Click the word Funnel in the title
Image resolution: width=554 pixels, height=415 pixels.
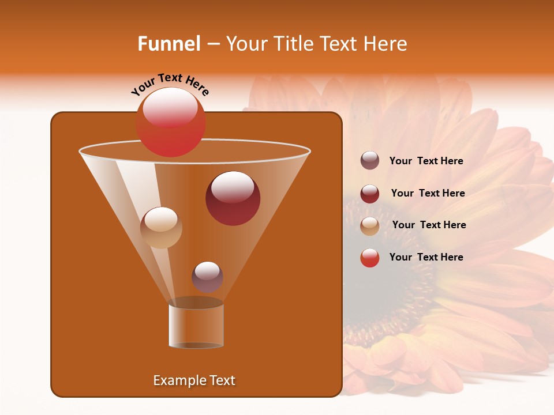tap(169, 44)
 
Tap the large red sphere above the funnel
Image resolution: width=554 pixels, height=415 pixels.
tap(170, 122)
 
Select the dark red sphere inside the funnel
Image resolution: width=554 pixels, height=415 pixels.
tap(233, 198)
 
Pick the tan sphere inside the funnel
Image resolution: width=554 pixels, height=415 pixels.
tap(161, 228)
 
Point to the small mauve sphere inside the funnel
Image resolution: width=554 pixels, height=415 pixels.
tap(207, 277)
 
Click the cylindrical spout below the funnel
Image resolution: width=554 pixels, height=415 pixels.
tap(196, 326)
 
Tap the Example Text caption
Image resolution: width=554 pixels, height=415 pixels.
tap(194, 380)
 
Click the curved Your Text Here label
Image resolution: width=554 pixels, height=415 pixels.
tap(170, 84)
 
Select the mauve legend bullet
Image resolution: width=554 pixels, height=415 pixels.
tap(370, 161)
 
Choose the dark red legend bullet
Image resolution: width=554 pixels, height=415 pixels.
tap(370, 194)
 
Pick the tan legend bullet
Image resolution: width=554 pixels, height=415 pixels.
tap(370, 226)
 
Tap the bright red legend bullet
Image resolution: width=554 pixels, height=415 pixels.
tap(370, 258)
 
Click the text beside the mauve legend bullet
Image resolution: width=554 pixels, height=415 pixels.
tap(426, 161)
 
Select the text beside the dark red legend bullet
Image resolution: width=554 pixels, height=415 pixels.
tap(428, 194)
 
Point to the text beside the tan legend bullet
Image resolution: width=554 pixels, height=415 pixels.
tap(429, 225)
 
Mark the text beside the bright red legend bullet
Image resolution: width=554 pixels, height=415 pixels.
tap(426, 257)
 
